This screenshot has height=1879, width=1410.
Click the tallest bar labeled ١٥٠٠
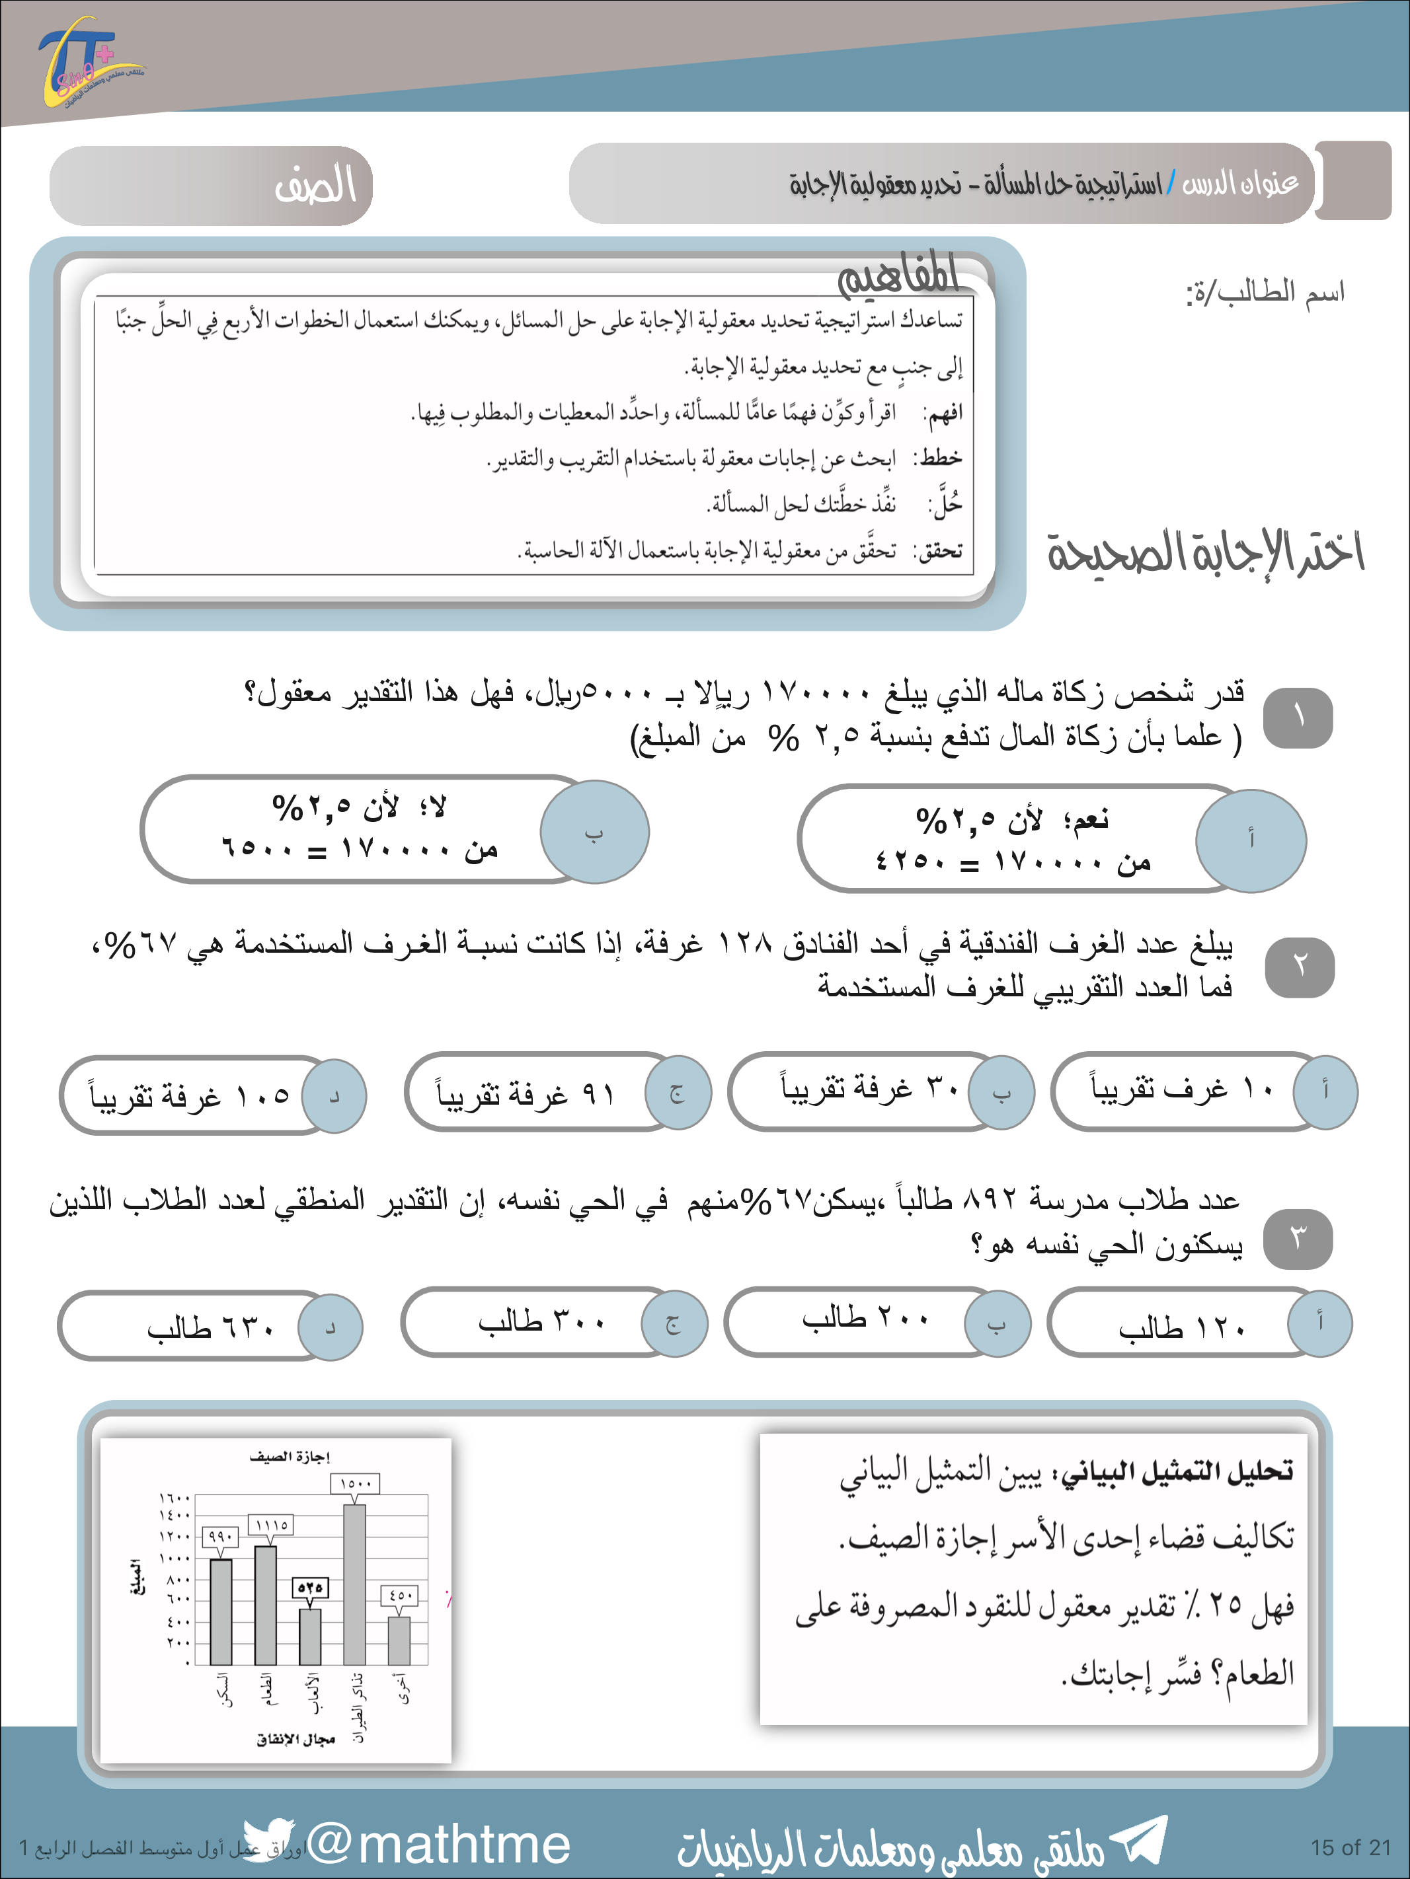point(354,1584)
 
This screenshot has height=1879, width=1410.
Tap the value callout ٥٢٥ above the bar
point(309,1587)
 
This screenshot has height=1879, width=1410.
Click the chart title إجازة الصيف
point(289,1457)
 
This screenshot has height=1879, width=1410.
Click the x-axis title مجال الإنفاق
point(295,1740)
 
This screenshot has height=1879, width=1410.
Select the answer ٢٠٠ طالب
point(865,1319)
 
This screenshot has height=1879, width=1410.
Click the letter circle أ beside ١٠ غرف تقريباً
point(1325,1091)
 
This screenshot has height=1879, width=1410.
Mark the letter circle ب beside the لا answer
point(594,832)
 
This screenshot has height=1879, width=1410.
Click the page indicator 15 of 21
point(1350,1847)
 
